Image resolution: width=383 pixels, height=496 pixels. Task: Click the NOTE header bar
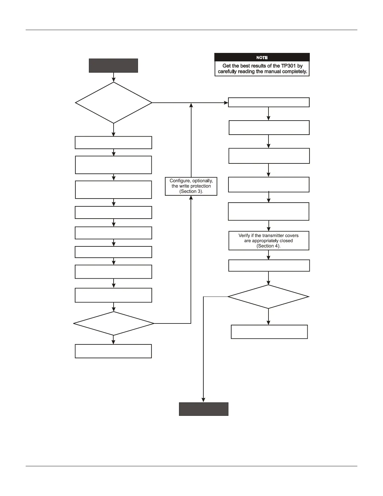(262, 57)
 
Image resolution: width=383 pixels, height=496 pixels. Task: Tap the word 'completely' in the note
(294, 71)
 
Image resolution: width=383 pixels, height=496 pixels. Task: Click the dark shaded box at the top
(113, 65)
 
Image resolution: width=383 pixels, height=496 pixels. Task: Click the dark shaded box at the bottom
(203, 409)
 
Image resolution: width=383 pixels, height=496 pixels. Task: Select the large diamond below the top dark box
(114, 103)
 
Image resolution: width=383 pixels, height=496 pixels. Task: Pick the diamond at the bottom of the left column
(114, 323)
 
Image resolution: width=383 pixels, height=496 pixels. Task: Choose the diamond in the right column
(268, 297)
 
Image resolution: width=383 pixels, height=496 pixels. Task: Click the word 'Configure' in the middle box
(180, 181)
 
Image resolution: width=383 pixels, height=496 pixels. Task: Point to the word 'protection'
(200, 186)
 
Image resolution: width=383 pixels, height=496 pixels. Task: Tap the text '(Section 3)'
(191, 191)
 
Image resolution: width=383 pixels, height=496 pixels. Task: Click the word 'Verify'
(244, 235)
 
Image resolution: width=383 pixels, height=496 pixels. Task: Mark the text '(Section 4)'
(268, 246)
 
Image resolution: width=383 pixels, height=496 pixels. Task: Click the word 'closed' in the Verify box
(286, 241)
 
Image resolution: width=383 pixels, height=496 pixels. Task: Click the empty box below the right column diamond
(269, 332)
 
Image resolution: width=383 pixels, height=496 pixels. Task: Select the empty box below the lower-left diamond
(113, 351)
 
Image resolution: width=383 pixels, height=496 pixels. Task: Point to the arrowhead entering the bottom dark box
(203, 400)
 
